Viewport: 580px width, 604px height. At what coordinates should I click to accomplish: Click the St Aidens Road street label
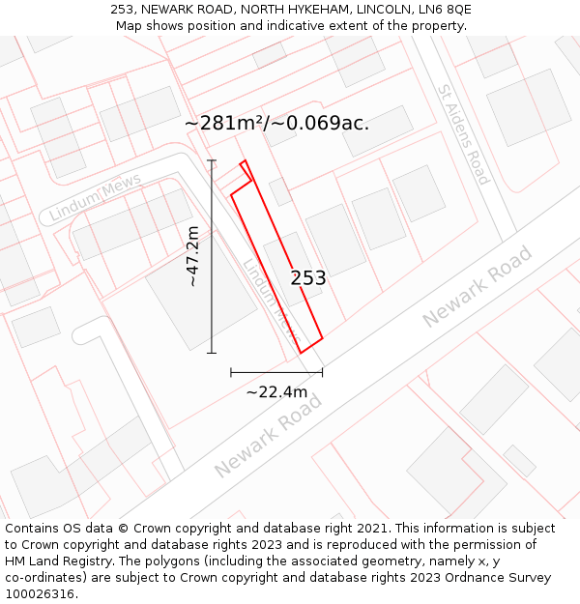coord(464,134)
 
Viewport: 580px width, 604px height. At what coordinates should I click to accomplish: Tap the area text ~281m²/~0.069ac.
coord(276,124)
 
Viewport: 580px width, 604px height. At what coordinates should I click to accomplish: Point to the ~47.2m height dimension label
coord(193,256)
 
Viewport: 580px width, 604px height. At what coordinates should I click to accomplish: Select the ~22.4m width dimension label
coord(276,391)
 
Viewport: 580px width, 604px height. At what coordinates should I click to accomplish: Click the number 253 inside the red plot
coord(308,278)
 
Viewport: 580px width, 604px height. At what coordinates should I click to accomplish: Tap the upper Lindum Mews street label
coord(96,196)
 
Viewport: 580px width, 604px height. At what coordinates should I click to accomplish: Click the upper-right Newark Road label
coord(477,287)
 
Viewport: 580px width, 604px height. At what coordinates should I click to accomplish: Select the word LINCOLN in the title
coord(370,10)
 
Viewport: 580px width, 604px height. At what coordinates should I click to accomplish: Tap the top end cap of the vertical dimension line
coord(212,160)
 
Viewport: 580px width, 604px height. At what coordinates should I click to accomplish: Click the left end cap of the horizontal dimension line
coord(231,372)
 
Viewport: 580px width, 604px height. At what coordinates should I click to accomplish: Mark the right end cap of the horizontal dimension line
coord(322,372)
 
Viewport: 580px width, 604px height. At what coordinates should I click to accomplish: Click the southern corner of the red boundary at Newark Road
coord(301,353)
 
